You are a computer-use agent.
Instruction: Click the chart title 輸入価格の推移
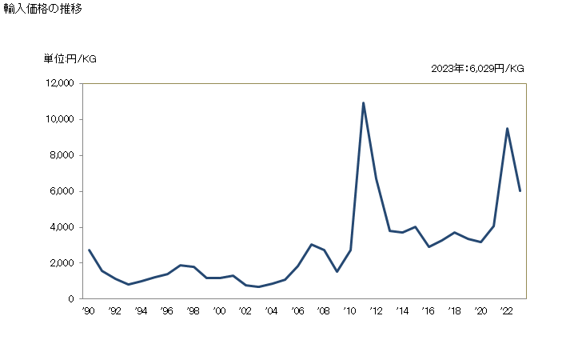[42, 10]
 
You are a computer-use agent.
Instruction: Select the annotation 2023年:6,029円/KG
[477, 69]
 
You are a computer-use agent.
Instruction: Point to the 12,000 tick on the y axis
[59, 83]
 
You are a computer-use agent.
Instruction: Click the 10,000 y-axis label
[59, 119]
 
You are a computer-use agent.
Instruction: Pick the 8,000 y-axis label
[62, 155]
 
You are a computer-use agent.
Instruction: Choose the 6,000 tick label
[62, 191]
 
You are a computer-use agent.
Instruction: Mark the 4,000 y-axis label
[62, 227]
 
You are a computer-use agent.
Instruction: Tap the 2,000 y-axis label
[62, 263]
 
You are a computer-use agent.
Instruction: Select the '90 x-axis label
[88, 311]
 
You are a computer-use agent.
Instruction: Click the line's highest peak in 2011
[364, 103]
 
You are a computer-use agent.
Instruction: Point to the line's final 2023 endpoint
[520, 190]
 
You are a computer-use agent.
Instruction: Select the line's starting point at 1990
[89, 250]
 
